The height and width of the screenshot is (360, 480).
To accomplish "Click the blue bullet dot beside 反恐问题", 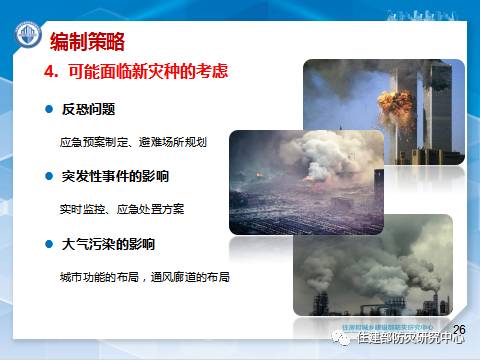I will (47, 109).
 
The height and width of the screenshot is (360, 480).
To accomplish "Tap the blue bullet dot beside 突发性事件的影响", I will (47, 177).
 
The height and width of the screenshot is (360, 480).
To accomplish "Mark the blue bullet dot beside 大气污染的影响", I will (47, 244).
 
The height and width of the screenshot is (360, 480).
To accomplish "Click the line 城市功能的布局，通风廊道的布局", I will (146, 276).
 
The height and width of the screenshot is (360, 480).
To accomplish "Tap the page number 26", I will (459, 329).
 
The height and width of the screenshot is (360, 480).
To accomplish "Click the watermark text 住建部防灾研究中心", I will (411, 339).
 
